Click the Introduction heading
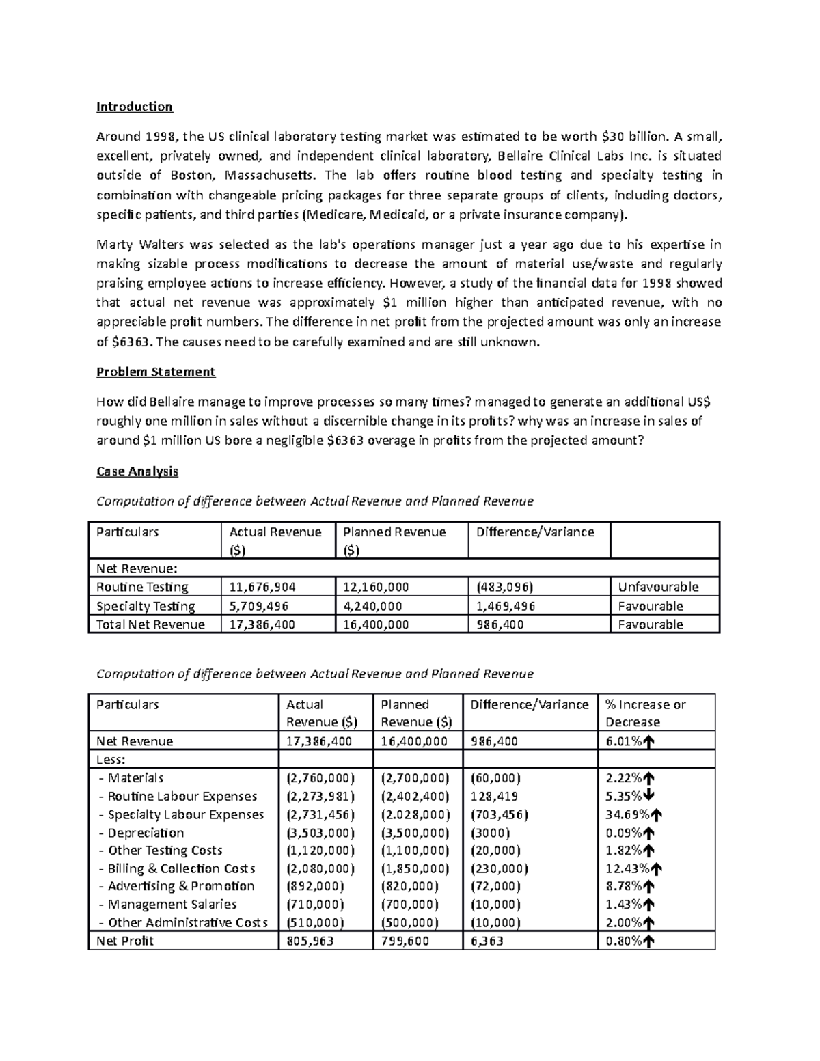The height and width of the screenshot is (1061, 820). tap(134, 107)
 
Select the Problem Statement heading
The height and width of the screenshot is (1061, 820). tap(156, 372)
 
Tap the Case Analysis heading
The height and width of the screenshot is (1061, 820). tap(137, 471)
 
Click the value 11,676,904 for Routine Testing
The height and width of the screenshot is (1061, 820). tap(262, 587)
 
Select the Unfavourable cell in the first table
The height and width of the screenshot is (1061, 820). tap(658, 587)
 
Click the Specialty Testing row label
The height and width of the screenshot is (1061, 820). tap(146, 606)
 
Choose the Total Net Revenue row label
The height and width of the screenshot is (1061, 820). tap(150, 624)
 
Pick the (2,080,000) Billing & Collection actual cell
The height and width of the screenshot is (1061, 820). tap(320, 868)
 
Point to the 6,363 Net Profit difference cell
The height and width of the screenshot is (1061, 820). tap(487, 941)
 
